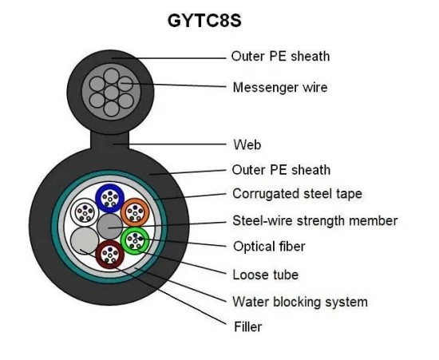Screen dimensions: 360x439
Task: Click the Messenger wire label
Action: [279, 86]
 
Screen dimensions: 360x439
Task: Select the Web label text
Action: [247, 144]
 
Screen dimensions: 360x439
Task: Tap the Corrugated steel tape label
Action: [296, 193]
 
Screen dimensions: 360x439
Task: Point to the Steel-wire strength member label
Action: [314, 220]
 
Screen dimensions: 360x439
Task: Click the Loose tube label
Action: [265, 275]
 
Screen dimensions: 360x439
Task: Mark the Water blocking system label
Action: [299, 302]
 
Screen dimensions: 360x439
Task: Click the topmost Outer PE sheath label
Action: [279, 56]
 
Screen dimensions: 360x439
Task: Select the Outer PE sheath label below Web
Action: [280, 169]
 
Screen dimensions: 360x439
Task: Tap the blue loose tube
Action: [109, 197]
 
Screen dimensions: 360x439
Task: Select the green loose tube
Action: [134, 239]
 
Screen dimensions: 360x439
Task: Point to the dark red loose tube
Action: [109, 254]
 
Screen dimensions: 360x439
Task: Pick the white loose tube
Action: [84, 212]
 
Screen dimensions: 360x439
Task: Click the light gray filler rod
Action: [84, 239]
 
